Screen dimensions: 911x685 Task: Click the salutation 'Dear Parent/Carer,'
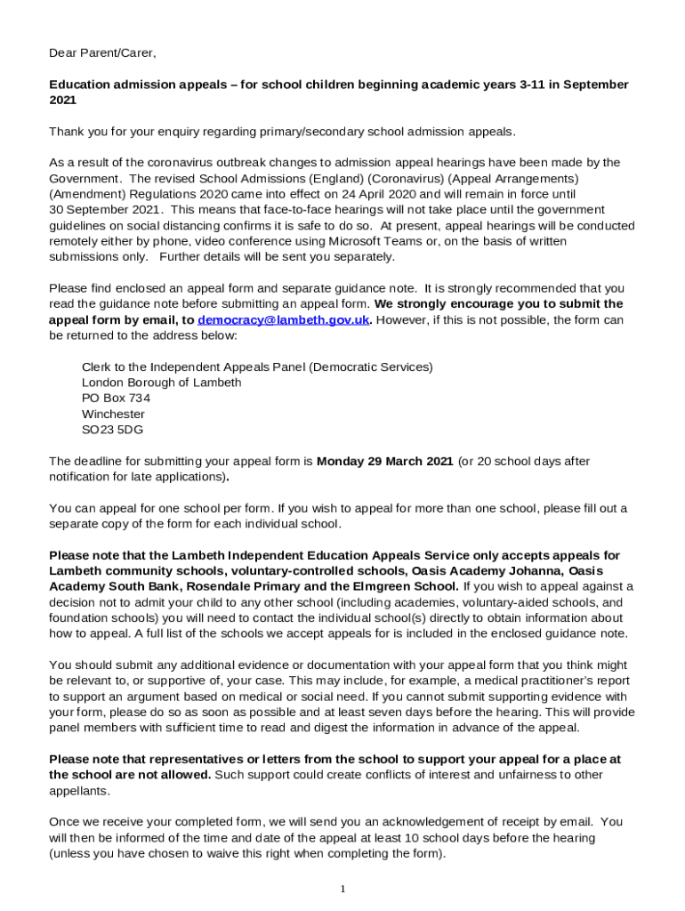(x=102, y=53)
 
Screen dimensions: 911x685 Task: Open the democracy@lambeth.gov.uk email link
(x=283, y=320)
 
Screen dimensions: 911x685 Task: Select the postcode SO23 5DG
(x=112, y=430)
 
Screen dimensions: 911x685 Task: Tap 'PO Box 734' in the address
(x=116, y=399)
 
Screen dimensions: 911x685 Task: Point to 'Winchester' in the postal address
(x=113, y=415)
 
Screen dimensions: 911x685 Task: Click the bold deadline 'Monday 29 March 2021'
(x=384, y=462)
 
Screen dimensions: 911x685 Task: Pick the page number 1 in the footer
(x=342, y=890)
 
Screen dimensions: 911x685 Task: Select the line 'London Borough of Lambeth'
(x=161, y=383)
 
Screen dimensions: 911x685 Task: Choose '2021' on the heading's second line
(x=62, y=101)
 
